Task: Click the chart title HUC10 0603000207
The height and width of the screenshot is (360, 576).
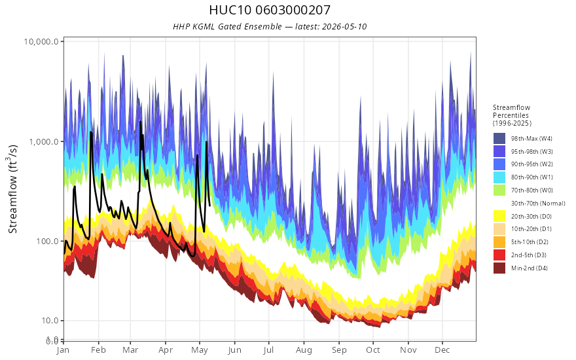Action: (270, 10)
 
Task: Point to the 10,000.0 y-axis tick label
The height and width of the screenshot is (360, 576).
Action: (41, 41)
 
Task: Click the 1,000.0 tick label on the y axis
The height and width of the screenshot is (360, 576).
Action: (43, 142)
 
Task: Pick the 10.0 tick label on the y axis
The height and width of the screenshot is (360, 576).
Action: (50, 321)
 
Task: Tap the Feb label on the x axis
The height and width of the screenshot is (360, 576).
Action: (98, 350)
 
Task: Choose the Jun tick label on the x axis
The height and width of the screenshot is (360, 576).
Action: (234, 350)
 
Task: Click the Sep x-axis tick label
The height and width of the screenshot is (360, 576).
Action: (339, 350)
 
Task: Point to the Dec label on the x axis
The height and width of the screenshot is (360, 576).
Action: (442, 350)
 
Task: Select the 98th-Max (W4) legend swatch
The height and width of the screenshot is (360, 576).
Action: (499, 139)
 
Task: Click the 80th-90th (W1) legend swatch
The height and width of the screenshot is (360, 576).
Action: (499, 177)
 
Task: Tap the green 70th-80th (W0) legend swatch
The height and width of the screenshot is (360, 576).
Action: (499, 190)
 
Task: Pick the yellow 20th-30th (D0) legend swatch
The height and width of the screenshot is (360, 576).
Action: (499, 217)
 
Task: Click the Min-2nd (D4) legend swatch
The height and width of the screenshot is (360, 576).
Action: (499, 268)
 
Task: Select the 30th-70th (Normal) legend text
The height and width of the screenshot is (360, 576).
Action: (538, 204)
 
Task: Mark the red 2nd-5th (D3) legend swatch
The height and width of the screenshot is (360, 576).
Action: (499, 255)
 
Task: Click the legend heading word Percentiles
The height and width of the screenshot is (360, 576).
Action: (511, 115)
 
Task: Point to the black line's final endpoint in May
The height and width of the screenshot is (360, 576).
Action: (210, 206)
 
